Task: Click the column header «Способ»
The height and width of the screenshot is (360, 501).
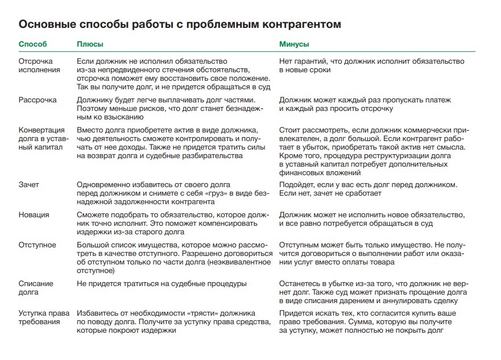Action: point(33,44)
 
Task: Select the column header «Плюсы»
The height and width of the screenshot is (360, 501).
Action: point(90,44)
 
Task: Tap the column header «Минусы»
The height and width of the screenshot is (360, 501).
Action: point(294,44)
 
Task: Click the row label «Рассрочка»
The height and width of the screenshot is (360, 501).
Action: point(38,100)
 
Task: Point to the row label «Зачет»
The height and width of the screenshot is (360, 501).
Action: point(30,185)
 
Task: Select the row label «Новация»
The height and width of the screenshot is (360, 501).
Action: point(34,215)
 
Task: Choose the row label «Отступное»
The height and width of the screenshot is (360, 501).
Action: point(38,245)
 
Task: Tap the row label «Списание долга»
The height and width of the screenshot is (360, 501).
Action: point(36,288)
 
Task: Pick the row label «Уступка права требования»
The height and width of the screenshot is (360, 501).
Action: point(43,317)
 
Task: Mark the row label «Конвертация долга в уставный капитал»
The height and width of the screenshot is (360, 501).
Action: point(42,139)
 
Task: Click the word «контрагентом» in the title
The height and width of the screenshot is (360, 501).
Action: point(300,25)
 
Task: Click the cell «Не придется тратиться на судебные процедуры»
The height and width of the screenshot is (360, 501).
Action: point(162,284)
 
